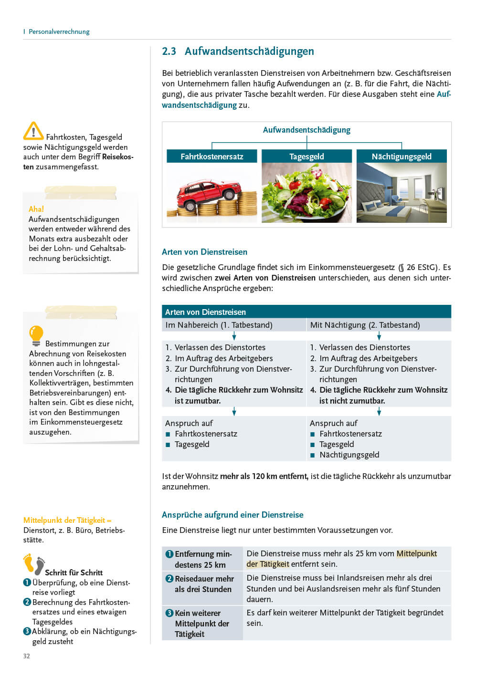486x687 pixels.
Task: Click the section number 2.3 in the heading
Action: pos(169,52)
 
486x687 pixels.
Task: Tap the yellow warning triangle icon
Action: pos(33,131)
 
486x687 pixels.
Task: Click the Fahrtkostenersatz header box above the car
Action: pos(212,156)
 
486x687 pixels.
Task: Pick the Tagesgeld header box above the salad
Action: pos(306,156)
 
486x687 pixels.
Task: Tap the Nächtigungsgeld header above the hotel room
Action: pos(401,156)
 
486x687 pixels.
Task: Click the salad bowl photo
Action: pos(306,193)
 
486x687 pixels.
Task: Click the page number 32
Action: pos(27,656)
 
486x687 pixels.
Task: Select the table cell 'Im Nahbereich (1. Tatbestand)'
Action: pos(219,325)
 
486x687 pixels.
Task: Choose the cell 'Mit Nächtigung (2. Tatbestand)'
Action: pos(365,325)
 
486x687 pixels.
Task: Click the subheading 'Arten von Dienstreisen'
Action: pos(204,252)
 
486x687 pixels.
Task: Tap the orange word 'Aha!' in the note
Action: pos(36,209)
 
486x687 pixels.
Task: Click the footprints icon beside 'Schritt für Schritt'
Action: pos(34,564)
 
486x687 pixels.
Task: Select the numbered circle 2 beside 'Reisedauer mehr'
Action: pos(169,579)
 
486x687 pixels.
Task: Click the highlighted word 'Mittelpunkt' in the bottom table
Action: pos(417,553)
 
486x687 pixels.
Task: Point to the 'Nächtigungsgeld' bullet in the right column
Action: pos(349,455)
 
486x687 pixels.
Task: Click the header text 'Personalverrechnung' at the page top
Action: pos(59,31)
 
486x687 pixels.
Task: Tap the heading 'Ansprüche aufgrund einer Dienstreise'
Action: pos(232,515)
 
